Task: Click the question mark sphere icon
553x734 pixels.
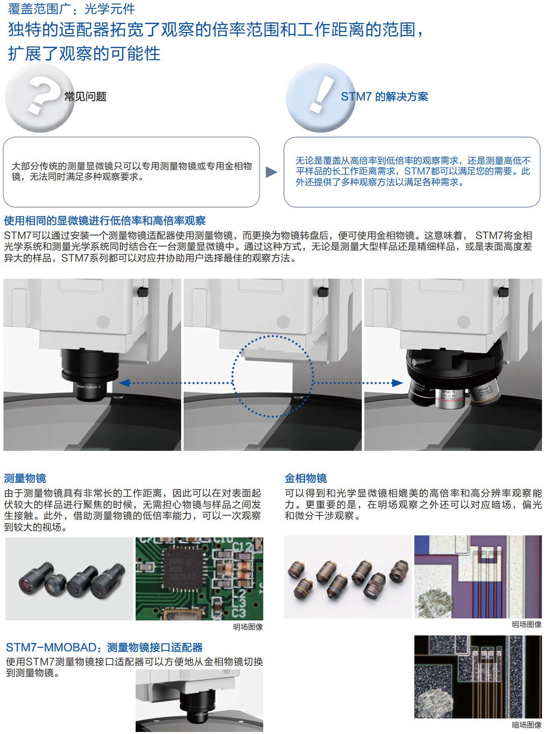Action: (x=40, y=98)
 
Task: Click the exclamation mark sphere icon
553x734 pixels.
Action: (x=320, y=98)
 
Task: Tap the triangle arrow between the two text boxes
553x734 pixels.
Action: (x=271, y=172)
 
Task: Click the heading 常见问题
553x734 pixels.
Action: (x=85, y=97)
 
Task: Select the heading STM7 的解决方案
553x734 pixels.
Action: (x=384, y=97)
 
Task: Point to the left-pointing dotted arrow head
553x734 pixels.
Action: (x=125, y=383)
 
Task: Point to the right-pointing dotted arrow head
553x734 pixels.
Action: (x=397, y=383)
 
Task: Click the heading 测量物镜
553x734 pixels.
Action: (x=25, y=478)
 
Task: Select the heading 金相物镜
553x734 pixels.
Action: (x=306, y=478)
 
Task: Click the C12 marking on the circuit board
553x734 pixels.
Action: (x=242, y=547)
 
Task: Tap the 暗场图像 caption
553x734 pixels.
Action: (x=526, y=724)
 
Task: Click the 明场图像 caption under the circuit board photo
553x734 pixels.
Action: (x=248, y=626)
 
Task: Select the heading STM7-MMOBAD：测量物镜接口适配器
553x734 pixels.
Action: (x=104, y=647)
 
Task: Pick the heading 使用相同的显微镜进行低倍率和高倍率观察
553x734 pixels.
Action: (x=105, y=221)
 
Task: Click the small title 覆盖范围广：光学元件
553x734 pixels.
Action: (x=72, y=9)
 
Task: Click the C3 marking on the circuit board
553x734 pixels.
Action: (x=239, y=612)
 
